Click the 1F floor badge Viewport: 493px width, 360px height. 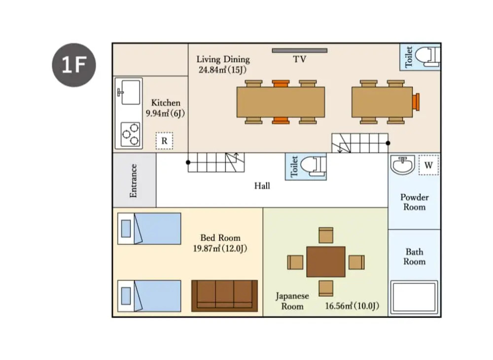tap(74, 65)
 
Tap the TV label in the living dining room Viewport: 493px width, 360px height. tap(299, 59)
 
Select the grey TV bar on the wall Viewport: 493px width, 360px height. tap(300, 50)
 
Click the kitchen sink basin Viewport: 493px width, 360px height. tap(131, 92)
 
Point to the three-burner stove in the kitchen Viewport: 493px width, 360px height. tap(131, 134)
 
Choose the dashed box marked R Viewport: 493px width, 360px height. tap(164, 141)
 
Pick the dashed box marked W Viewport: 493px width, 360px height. tap(428, 165)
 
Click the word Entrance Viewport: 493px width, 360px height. tap(133, 181)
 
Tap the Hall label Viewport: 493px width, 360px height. tap(262, 186)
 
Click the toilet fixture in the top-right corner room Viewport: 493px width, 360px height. tap(427, 57)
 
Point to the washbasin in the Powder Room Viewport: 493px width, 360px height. tap(402, 165)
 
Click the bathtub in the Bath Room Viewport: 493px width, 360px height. tap(414, 297)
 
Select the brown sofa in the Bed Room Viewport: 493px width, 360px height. tap(224, 296)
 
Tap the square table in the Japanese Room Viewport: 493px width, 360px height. tap(326, 262)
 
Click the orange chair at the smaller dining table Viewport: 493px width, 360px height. tap(416, 102)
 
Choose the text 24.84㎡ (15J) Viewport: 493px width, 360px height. tap(222, 70)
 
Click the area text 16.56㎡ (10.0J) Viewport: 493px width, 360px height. tap(352, 306)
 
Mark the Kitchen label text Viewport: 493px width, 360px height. tap(166, 103)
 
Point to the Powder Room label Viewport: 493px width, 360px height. tap(415, 202)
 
